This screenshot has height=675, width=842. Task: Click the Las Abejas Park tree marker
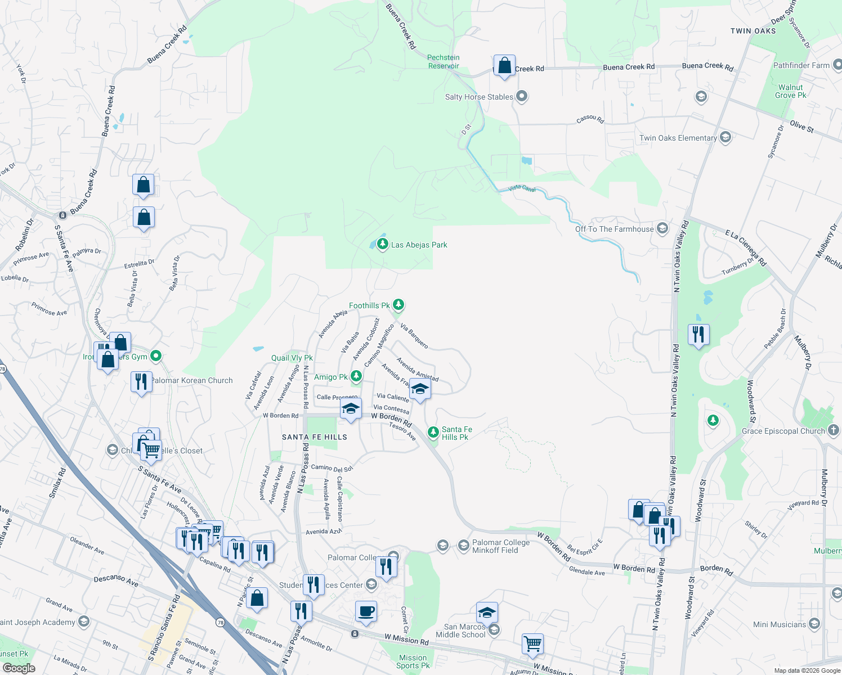(383, 244)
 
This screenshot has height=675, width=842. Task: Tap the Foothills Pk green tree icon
(398, 305)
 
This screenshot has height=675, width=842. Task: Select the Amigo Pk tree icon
(356, 376)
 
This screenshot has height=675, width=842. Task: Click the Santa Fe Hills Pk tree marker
(433, 432)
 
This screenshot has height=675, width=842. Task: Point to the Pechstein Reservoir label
(444, 62)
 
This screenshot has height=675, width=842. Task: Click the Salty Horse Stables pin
(522, 96)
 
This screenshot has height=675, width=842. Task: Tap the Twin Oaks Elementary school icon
(725, 137)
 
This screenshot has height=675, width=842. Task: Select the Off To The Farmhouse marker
(662, 228)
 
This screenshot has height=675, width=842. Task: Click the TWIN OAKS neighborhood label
(753, 31)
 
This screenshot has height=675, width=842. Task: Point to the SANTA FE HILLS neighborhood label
(315, 437)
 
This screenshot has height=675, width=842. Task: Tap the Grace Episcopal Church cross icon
(834, 430)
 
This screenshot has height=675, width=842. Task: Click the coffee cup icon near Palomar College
(366, 611)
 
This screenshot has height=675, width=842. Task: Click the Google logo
(19, 668)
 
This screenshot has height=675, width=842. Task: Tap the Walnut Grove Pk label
(790, 91)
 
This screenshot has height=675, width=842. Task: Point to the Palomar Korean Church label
(192, 381)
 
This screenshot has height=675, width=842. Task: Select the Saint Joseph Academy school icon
(84, 622)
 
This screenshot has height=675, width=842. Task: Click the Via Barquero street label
(414, 336)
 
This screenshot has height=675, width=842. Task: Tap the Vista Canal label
(522, 188)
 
